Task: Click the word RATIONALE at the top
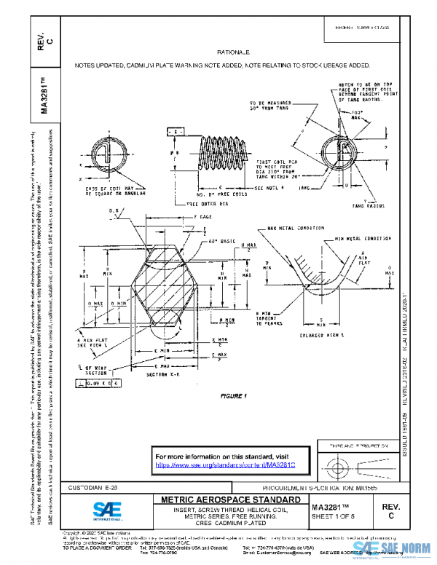[x=233, y=53]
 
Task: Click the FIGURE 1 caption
[x=235, y=395]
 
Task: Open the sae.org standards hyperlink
[x=229, y=464]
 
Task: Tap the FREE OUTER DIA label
[x=207, y=204]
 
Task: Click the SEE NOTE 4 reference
[x=274, y=188]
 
